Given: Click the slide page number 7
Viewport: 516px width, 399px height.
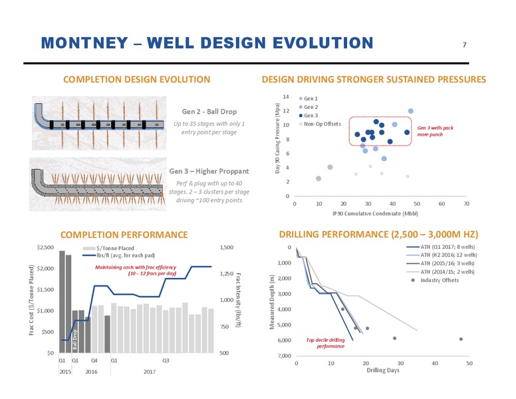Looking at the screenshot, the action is point(464,45).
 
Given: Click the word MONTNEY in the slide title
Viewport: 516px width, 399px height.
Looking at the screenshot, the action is point(84,43).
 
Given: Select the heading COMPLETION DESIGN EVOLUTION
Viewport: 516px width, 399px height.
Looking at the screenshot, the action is point(136,79).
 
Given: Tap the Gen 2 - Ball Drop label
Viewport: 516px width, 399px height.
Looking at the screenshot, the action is point(209,112).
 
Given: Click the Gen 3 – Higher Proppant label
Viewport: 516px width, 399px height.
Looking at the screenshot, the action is point(209,171).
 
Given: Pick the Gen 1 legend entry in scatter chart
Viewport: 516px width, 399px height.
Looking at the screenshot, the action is point(309,98).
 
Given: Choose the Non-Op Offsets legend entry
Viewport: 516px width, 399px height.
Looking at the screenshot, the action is point(320,124).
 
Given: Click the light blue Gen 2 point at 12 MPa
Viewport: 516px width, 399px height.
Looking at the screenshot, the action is point(411,111).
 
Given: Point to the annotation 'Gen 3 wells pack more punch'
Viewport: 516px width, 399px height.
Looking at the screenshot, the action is point(435,131).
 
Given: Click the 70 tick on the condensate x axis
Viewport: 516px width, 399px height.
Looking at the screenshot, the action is point(466,203).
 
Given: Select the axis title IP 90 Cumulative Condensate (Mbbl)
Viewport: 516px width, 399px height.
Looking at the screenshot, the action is point(376,213).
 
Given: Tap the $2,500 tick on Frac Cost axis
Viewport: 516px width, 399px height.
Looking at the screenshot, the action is point(45,247).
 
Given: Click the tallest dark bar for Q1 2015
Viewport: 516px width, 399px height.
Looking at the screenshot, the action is point(62,302).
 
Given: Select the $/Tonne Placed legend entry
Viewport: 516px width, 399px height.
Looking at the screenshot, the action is point(109,248).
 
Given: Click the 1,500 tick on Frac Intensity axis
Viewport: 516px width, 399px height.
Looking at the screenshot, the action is point(226,247).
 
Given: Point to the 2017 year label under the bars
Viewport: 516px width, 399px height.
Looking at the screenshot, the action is point(150,372).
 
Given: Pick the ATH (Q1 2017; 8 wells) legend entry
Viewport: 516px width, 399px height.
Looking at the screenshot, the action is point(441,247).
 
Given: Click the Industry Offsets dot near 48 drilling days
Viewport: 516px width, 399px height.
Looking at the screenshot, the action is point(461,339).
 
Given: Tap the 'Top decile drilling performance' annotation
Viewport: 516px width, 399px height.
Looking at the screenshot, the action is point(325,343).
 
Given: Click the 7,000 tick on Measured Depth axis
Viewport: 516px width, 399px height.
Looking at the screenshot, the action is point(285,356).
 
